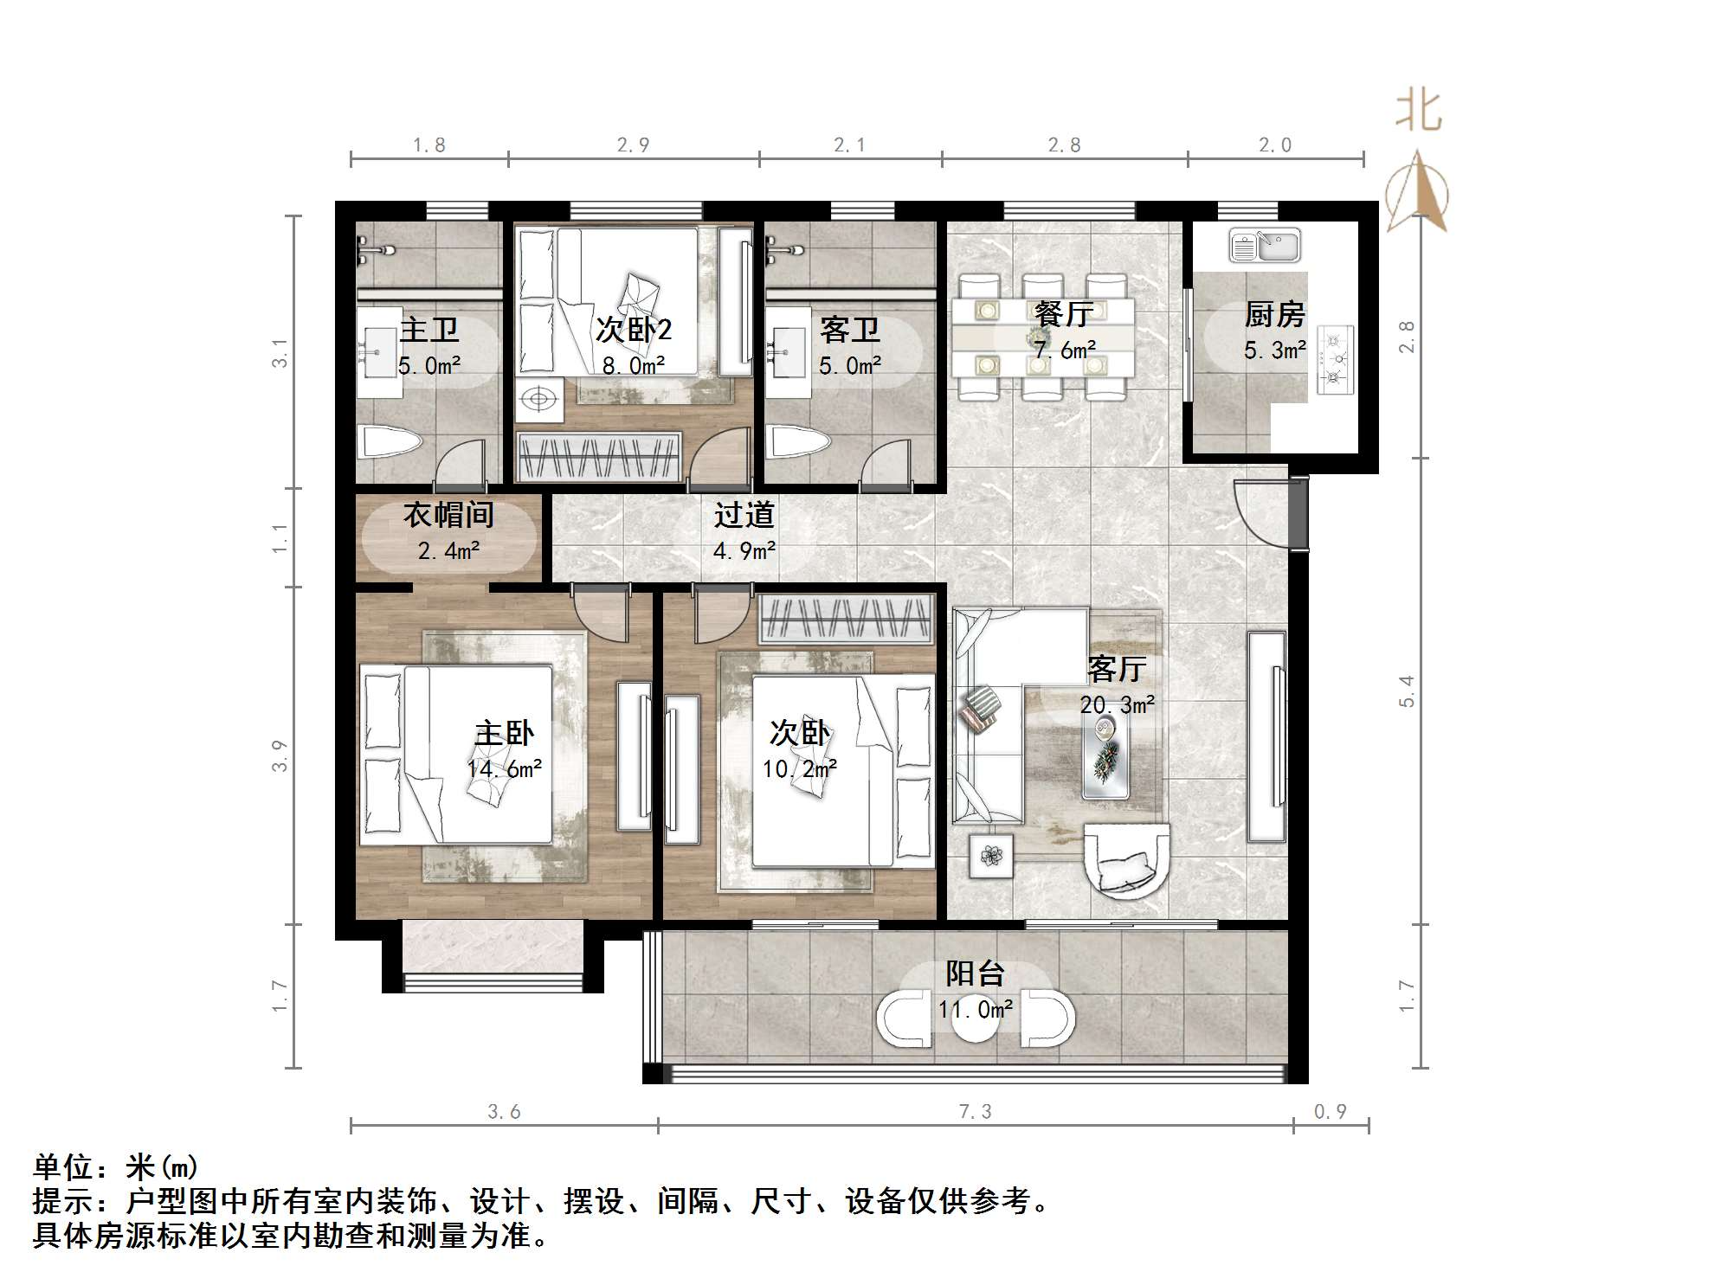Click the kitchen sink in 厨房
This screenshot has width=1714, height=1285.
(1264, 246)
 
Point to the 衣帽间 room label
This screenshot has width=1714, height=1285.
(448, 516)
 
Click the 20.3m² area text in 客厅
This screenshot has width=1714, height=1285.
(1117, 705)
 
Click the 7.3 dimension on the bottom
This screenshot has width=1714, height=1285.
(975, 1112)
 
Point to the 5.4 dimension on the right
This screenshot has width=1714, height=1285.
(1407, 691)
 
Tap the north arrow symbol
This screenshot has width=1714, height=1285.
(1417, 192)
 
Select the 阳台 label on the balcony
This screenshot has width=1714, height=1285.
(975, 974)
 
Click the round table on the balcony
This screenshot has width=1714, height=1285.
(976, 1019)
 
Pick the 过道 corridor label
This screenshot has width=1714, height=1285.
(744, 516)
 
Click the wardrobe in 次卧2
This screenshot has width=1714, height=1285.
(599, 456)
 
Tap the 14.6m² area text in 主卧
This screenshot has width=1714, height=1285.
(504, 768)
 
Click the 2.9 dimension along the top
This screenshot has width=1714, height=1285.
(633, 145)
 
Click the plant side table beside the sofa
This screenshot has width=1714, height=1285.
(991, 856)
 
